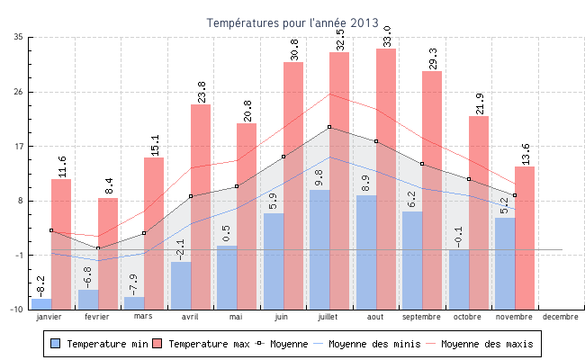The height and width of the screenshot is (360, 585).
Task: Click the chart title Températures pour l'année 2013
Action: pyautogui.click(x=292, y=22)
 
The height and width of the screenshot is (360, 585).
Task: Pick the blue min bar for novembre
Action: pyautogui.click(x=505, y=263)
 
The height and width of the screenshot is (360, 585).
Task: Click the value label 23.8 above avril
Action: pyautogui.click(x=202, y=92)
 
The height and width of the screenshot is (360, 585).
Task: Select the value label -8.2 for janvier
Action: pyautogui.click(x=40, y=286)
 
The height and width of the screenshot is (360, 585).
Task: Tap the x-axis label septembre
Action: pyautogui.click(x=421, y=317)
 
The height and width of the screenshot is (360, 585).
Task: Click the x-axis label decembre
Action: pyautogui.click(x=560, y=317)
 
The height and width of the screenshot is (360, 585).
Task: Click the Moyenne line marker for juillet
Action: pyautogui.click(x=329, y=127)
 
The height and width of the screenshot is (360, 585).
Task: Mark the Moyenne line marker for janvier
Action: pyautogui.click(x=51, y=230)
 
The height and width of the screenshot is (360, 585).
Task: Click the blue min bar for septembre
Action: pyautogui.click(x=412, y=260)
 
